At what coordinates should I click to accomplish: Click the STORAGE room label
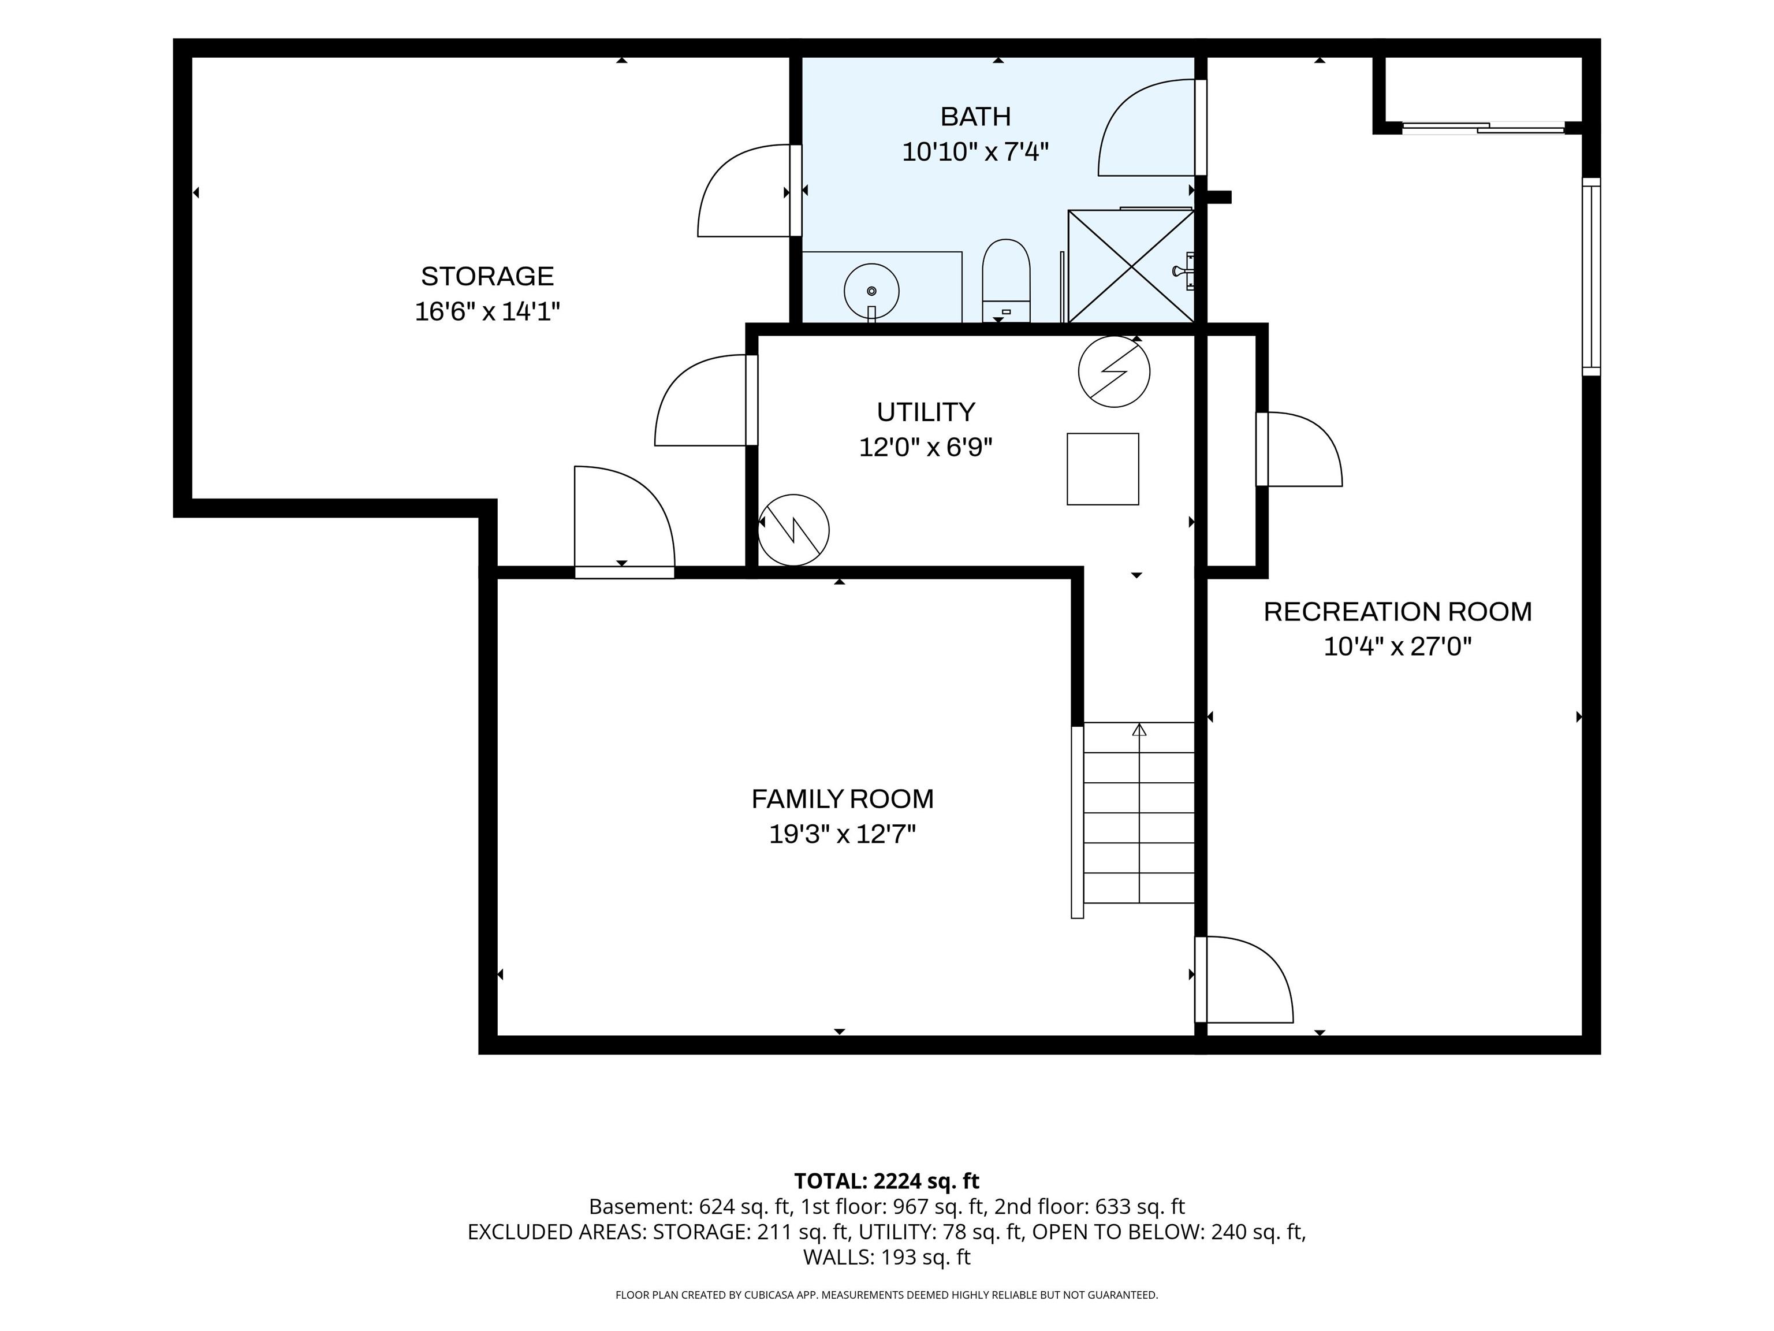[x=487, y=276]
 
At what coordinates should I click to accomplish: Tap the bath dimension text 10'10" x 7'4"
[x=975, y=151]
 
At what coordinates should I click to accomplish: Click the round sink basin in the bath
[x=872, y=291]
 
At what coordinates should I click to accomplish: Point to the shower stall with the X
[x=1131, y=266]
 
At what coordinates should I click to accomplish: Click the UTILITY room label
[x=926, y=411]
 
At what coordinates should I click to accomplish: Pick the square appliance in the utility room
[x=1103, y=469]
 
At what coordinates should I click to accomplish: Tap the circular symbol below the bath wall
[x=1114, y=371]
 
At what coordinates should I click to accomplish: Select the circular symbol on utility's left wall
[x=793, y=530]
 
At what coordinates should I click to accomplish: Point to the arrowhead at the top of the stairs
[x=1139, y=729]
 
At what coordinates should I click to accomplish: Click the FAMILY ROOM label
[x=842, y=799]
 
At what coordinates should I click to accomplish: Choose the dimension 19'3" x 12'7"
[x=842, y=834]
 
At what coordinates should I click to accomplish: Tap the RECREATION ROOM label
[x=1397, y=611]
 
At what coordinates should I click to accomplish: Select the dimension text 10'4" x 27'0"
[x=1397, y=646]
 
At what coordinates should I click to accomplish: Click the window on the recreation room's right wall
[x=1591, y=277]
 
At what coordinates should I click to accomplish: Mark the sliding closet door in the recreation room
[x=1483, y=128]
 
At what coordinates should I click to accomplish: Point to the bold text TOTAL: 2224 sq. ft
[x=886, y=1181]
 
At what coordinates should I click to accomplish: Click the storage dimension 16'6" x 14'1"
[x=487, y=311]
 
